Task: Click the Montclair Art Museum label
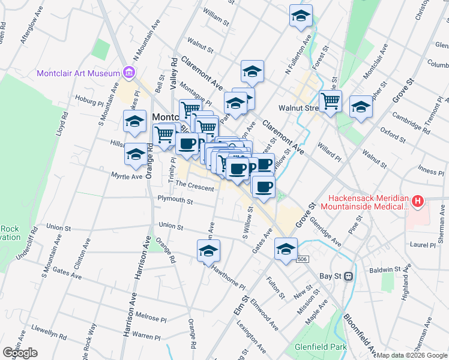(79, 73)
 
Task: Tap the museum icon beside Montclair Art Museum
(127, 73)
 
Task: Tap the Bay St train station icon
(348, 277)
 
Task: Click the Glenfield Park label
(321, 347)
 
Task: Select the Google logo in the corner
(20, 353)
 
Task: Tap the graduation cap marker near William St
(301, 16)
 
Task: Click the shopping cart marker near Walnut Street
(330, 101)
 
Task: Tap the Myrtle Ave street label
(127, 176)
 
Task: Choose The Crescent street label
(194, 186)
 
